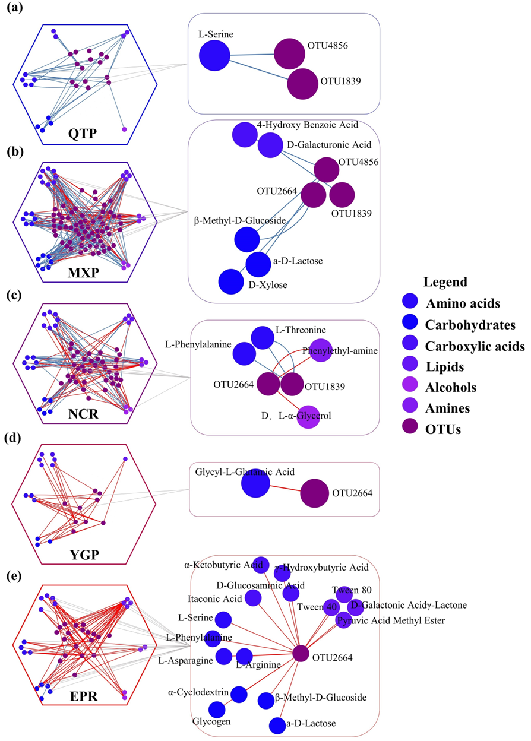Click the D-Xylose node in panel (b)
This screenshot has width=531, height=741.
click(232, 281)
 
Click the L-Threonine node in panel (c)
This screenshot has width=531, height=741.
click(262, 338)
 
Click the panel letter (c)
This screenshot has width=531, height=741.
click(17, 294)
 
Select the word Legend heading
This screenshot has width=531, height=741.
click(445, 282)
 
